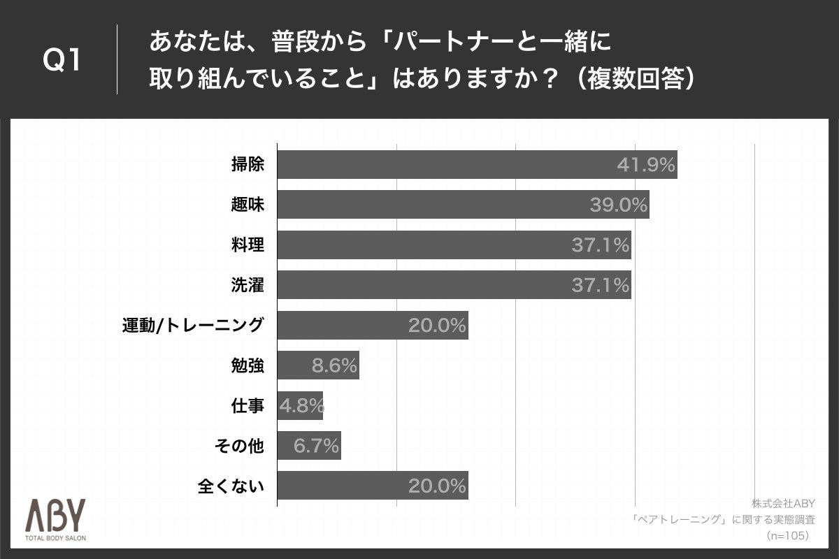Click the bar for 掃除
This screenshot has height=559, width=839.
(477, 164)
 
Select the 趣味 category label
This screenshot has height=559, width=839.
(248, 205)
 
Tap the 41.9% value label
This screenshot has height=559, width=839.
(645, 165)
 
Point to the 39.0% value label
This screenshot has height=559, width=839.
(618, 205)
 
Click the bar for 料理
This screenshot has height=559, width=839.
(454, 245)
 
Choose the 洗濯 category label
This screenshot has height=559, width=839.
(248, 284)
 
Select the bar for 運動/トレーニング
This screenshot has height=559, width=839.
(372, 325)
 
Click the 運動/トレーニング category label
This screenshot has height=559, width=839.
(192, 325)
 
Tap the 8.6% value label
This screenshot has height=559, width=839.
(334, 365)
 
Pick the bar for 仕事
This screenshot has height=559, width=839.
(300, 405)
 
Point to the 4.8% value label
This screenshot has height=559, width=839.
(301, 405)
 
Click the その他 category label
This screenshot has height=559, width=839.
(238, 445)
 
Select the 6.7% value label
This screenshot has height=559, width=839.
(316, 445)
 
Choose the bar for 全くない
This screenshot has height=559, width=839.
(372, 486)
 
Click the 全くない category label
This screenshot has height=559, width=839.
(231, 486)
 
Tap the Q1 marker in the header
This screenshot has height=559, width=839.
(62, 61)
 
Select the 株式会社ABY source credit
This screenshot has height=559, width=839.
(783, 503)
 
